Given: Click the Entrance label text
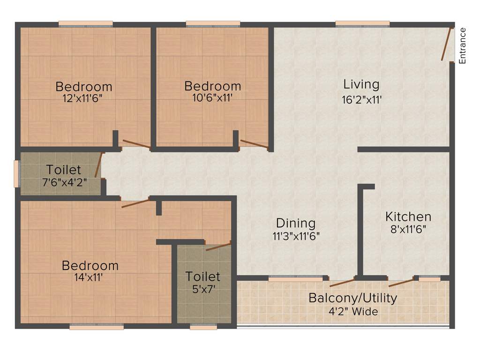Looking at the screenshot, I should click(462, 45).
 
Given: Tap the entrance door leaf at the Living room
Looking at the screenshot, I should click(447, 45).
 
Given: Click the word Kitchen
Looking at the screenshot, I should click(408, 217).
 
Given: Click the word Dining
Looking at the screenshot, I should click(295, 223).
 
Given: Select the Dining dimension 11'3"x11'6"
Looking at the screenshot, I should click(295, 236).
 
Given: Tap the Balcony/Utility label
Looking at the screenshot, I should click(352, 298).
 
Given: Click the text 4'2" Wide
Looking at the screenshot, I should click(353, 311).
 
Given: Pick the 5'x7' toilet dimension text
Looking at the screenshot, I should click(202, 289).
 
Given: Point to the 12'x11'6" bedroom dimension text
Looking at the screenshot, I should click(83, 99).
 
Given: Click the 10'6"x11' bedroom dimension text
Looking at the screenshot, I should click(212, 98).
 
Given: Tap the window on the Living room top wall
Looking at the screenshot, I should click(362, 23).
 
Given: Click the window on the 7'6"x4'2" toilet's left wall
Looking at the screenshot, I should click(17, 173).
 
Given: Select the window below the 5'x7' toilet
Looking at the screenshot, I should click(203, 327).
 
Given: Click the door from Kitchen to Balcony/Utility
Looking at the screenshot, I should click(401, 282).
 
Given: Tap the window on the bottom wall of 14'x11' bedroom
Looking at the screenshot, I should click(97, 327).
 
